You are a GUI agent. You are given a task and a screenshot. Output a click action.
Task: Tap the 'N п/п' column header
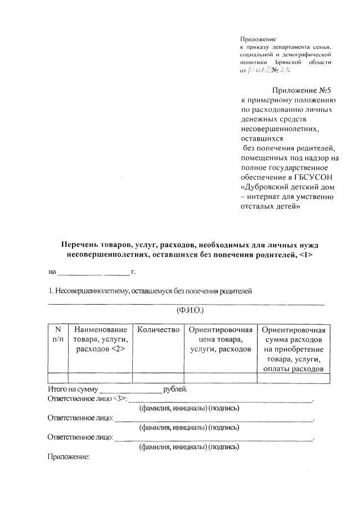57,334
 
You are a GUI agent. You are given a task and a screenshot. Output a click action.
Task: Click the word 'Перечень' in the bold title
80,245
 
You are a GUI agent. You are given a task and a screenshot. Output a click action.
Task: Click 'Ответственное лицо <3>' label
87,399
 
